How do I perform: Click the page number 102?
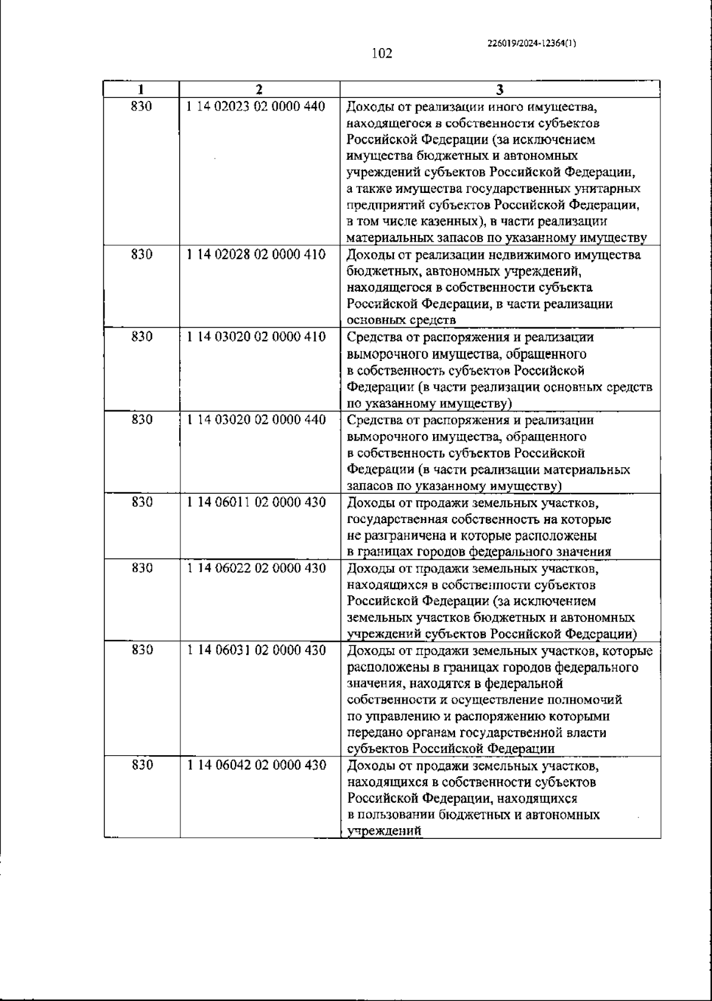[x=382, y=54]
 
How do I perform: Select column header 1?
[x=141, y=90]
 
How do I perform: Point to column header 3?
[x=500, y=90]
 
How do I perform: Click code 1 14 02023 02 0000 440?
[x=256, y=107]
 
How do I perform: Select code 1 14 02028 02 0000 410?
[x=256, y=255]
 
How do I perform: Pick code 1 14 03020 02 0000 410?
[x=256, y=337]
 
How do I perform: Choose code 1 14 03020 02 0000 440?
[x=256, y=420]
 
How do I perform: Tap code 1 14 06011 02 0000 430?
[x=256, y=502]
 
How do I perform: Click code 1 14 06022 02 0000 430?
[x=256, y=568]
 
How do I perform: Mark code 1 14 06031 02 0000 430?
[x=256, y=651]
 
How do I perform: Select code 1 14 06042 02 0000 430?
[x=256, y=765]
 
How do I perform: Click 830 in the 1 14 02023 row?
[x=142, y=107]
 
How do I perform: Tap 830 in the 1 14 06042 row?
[x=142, y=765]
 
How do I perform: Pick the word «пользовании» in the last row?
[x=397, y=815]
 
